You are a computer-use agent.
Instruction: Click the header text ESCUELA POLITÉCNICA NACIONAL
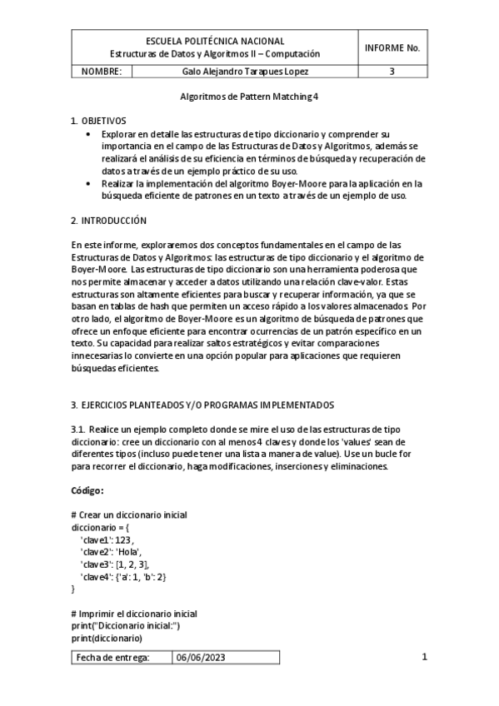tap(215, 40)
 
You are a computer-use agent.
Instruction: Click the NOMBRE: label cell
tap(102, 72)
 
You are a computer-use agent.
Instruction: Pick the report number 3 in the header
tap(392, 72)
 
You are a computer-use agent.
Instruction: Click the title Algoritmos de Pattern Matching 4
tap(249, 97)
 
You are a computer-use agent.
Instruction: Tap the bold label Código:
tap(87, 490)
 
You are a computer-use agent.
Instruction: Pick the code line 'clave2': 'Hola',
tap(111, 552)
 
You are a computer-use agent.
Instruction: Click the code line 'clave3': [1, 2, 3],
tap(114, 564)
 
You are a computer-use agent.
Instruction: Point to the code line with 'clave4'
tap(123, 576)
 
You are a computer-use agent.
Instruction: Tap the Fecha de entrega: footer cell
tap(112, 657)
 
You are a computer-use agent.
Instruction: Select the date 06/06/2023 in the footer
tap(200, 657)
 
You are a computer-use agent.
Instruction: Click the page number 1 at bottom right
tap(424, 657)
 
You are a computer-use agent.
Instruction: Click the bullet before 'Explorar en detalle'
tap(90, 133)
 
